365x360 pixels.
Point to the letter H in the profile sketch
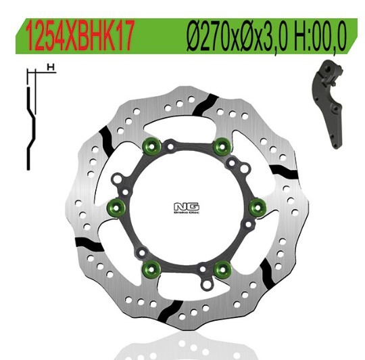pos(50,67)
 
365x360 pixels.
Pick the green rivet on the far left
pos(116,205)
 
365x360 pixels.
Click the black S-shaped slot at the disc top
pos(207,106)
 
